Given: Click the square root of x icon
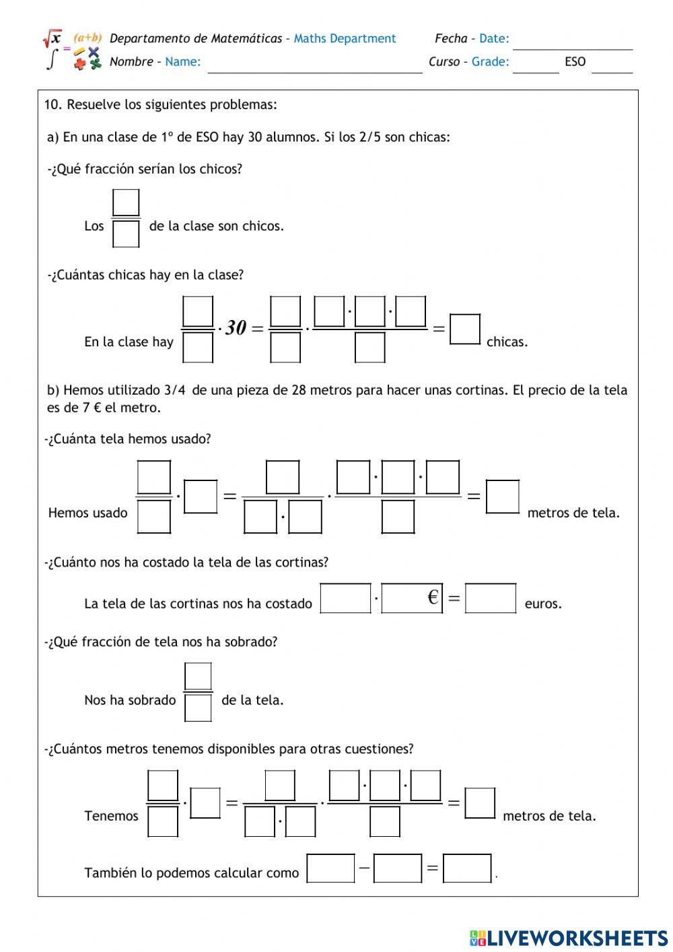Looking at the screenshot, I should coord(52,38).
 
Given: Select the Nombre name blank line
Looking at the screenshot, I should coord(314,69).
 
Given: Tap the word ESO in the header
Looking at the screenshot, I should coord(575,62).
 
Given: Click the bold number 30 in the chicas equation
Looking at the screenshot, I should coord(236,328).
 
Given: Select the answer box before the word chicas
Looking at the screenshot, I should coord(465,329).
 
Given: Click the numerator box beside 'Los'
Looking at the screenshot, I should coord(126,203).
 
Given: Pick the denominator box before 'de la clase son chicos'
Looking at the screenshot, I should coord(126,234).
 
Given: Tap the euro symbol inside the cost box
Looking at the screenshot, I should coord(433,597).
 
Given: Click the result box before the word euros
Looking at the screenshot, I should coord(491,598).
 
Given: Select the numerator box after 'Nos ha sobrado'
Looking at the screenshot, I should coord(198,676).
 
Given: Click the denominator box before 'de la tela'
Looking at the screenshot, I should coord(198,708).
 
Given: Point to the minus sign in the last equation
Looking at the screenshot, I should coord(364,867).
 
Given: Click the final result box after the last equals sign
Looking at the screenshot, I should coord(467,868).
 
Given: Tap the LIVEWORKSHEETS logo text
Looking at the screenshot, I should coord(577,938).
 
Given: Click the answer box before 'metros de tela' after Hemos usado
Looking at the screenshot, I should coord(503,497).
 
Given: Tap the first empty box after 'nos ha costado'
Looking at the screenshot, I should coord(345,598).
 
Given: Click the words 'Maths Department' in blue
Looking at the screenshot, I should coord(345,38).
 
